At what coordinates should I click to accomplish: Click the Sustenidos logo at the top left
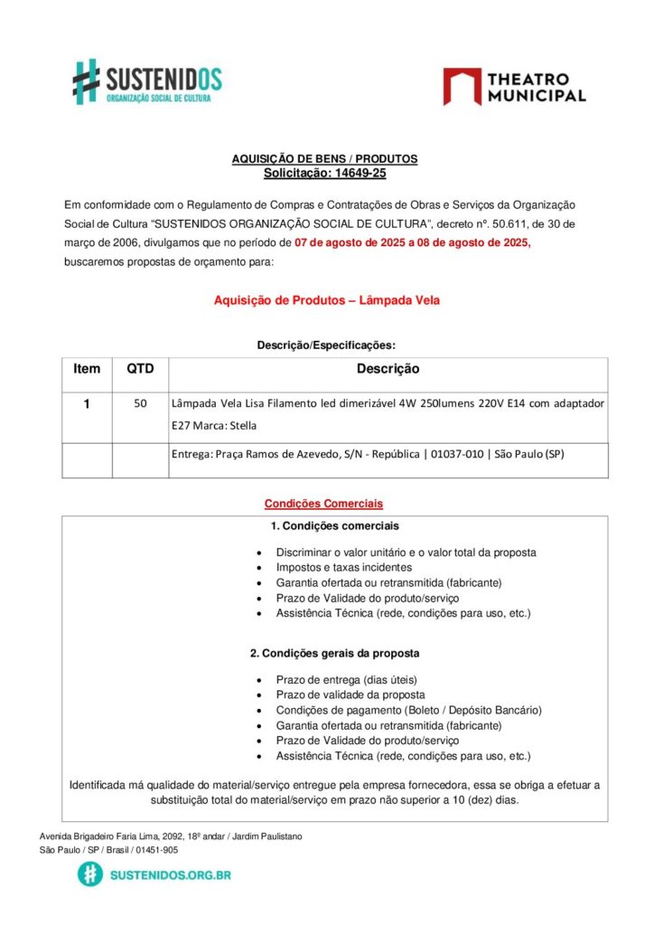click(x=146, y=81)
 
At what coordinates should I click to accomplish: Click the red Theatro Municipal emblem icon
click(x=462, y=86)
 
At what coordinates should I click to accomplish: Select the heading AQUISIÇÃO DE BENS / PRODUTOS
click(x=324, y=159)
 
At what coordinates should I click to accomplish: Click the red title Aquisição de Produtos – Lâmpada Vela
click(x=326, y=300)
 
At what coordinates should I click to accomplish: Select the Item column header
click(x=87, y=369)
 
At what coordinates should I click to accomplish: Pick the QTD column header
click(x=140, y=369)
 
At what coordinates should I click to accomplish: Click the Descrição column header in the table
click(x=388, y=369)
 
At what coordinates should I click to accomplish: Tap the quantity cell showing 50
click(x=140, y=403)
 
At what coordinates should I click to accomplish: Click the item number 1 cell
click(x=87, y=404)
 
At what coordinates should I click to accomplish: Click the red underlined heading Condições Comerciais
click(x=323, y=504)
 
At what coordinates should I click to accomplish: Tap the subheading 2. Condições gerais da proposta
click(x=334, y=653)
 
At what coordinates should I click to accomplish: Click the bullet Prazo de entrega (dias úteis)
click(x=346, y=679)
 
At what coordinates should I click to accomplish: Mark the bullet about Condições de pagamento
click(x=408, y=710)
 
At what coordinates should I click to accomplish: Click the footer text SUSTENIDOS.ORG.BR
click(x=169, y=875)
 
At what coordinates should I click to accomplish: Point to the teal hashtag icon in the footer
click(x=89, y=874)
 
